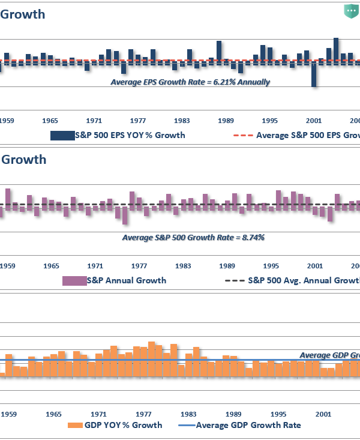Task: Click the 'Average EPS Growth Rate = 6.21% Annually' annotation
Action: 190,82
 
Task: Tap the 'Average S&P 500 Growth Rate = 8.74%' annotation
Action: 193,238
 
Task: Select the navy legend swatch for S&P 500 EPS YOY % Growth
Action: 61,135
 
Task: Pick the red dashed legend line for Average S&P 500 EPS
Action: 242,135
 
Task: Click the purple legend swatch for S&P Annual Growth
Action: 74,280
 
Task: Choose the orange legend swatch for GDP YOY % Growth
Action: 74,425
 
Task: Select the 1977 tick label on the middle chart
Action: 139,265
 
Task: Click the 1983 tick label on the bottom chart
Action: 188,414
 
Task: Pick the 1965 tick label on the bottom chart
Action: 53,414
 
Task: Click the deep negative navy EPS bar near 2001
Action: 314,74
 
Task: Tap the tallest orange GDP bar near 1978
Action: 151,360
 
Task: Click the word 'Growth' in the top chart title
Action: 22,14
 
